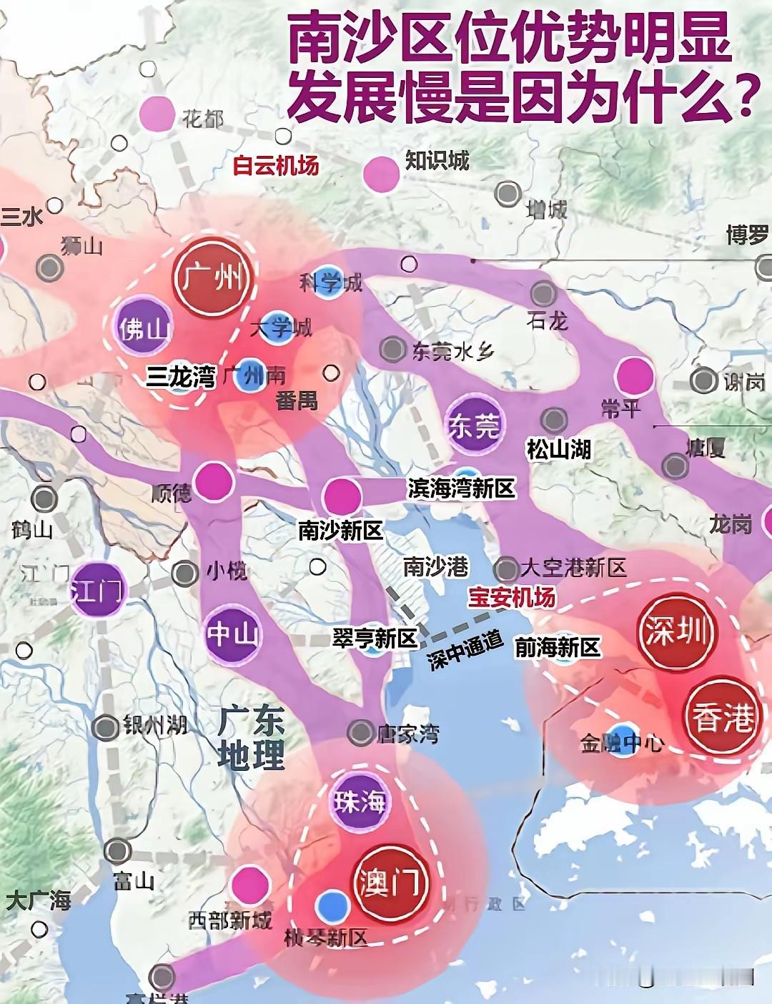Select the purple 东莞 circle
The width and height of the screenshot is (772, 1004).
[x=474, y=425]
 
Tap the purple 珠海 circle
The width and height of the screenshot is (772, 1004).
[x=360, y=802]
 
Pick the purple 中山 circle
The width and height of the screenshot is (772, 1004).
[x=232, y=634]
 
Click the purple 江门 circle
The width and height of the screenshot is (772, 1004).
[x=97, y=591]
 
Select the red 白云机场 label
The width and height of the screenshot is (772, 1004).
[x=275, y=166]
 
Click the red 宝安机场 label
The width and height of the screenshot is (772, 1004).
[x=511, y=597]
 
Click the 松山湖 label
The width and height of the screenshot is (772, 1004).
[x=558, y=449]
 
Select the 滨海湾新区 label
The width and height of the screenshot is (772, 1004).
[x=461, y=488]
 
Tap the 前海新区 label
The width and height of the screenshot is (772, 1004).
[x=558, y=648]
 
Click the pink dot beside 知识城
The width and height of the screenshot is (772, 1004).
[x=381, y=173]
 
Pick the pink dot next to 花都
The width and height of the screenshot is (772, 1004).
[x=157, y=113]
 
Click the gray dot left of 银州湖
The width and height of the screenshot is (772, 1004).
[x=106, y=727]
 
